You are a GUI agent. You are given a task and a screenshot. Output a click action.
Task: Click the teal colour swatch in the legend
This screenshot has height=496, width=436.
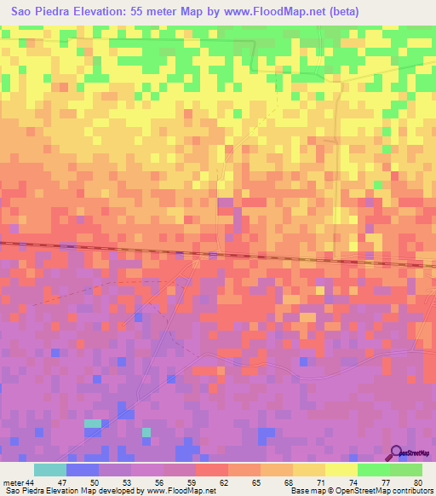[x=49, y=470]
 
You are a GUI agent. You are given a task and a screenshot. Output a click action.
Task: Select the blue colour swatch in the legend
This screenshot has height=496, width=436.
[x=82, y=470]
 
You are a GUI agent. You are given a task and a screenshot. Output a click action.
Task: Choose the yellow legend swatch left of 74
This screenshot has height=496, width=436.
[x=341, y=470]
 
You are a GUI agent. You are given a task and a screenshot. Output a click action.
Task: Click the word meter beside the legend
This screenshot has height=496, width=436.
[x=12, y=482]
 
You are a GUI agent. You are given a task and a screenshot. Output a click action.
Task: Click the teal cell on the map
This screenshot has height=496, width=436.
[x=92, y=424]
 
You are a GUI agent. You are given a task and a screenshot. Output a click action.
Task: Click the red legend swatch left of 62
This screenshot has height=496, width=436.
[x=211, y=470]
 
